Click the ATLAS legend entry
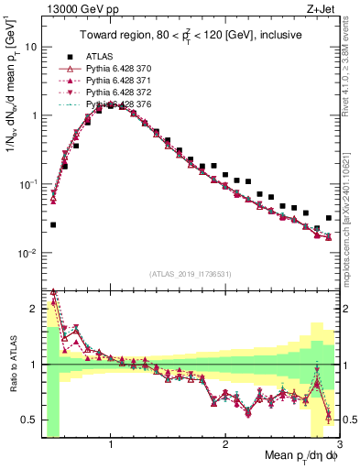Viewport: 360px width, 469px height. [x=101, y=55]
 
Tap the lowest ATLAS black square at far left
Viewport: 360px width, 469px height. [x=53, y=224]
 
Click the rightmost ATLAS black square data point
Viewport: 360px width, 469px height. [x=329, y=218]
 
